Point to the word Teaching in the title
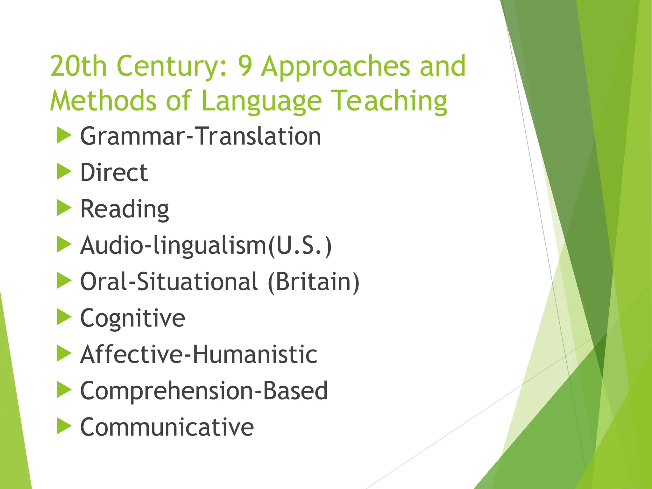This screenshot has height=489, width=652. point(389,101)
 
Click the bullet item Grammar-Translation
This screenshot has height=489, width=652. point(200,136)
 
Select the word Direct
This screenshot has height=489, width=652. point(114,173)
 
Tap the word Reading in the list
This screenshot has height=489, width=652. point(124,209)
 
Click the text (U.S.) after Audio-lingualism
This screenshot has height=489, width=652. point(300,246)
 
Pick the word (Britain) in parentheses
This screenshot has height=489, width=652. point(314,282)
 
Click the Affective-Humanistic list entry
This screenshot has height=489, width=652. point(199,355)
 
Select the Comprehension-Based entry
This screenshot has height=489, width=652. point(204,391)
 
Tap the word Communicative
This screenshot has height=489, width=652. point(167,427)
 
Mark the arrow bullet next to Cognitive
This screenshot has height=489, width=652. point(64,317)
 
